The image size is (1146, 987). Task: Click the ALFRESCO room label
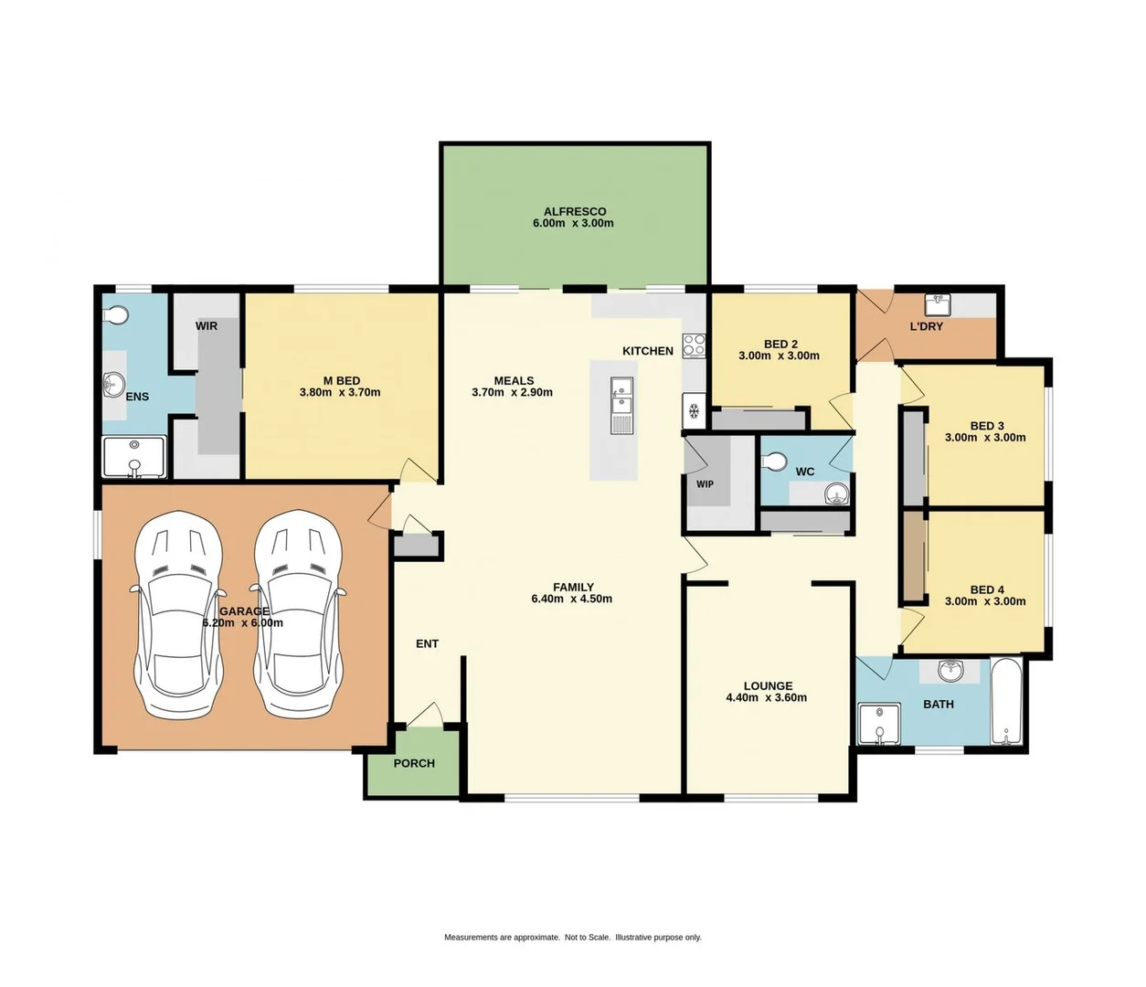(574, 211)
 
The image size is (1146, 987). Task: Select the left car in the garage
(178, 613)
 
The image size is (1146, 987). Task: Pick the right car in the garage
(299, 613)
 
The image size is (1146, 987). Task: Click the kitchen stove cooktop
(695, 345)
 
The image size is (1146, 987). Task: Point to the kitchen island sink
(621, 397)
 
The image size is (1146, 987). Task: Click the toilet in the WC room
(774, 462)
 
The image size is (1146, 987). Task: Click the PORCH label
(414, 763)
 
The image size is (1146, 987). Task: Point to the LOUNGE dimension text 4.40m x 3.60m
(766, 697)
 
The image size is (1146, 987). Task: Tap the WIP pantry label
(705, 484)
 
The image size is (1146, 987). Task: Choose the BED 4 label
(986, 589)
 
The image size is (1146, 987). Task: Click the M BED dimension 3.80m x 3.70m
(340, 392)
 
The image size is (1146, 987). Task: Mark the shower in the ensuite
(134, 457)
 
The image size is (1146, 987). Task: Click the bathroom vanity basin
(951, 671)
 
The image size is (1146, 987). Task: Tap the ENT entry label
(427, 643)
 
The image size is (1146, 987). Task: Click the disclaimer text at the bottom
(573, 937)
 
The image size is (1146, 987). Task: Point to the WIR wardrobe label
(207, 325)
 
